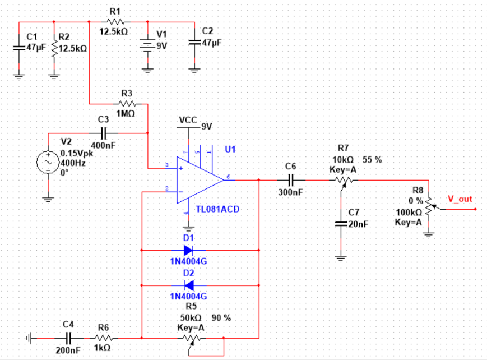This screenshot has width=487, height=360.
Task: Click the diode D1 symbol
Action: click(188, 250)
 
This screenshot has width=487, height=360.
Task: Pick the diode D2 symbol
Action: click(188, 285)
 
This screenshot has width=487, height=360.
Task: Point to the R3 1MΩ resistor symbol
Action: click(127, 104)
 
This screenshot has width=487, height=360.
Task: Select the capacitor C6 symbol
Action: click(291, 180)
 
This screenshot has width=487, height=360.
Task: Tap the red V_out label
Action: click(460, 199)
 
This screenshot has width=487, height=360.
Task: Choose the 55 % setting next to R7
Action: click(372, 159)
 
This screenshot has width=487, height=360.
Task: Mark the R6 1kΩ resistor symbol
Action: click(104, 338)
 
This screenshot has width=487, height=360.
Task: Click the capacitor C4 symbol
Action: click(68, 338)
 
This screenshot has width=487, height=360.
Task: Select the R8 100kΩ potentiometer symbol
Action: click(429, 208)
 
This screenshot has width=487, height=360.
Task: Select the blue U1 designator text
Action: click(230, 150)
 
